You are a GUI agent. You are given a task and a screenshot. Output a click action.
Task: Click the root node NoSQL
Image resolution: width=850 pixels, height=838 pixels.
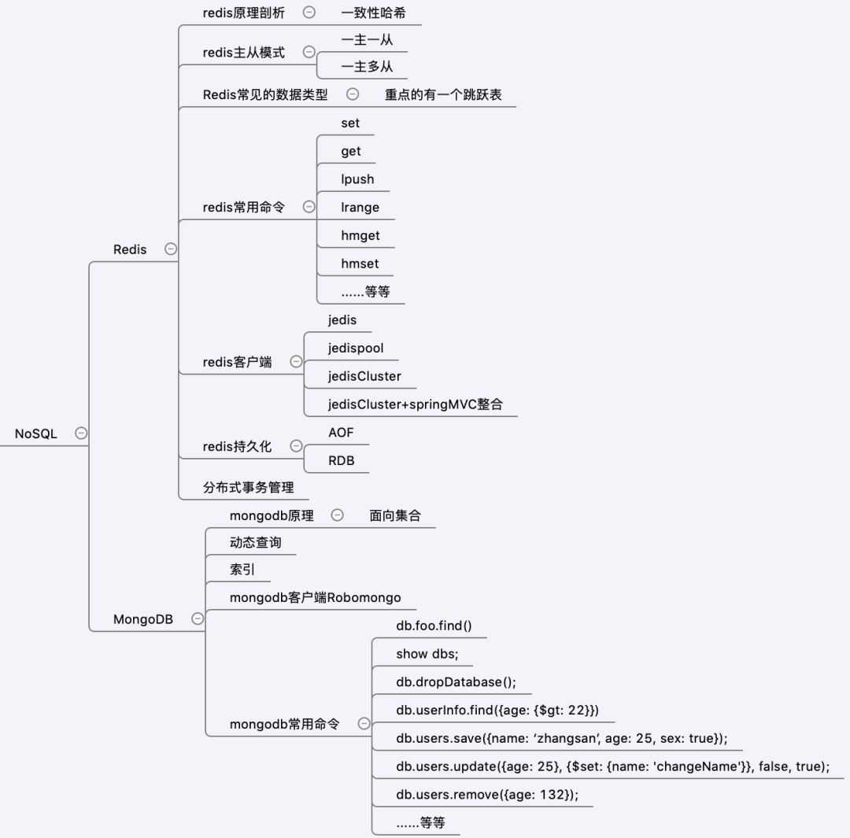36,434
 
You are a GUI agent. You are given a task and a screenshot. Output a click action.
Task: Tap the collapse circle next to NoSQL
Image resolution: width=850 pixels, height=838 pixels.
81,433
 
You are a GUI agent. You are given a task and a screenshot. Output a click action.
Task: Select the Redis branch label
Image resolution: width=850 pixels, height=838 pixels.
130,249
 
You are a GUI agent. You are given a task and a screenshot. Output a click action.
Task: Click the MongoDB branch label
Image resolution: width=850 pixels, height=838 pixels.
143,619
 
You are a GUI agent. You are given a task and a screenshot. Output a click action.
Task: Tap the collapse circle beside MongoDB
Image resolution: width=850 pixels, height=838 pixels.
198,618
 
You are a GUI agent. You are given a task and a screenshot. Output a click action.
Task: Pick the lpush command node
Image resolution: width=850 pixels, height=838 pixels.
357,179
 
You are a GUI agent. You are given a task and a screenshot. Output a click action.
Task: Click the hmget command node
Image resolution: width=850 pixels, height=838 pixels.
360,236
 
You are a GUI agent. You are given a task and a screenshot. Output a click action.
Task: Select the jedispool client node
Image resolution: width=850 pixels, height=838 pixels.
356,348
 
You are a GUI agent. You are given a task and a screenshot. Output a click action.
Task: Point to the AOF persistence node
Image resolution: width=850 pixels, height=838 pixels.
342,432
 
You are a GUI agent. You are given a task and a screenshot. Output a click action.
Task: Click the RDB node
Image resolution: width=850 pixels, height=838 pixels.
342,460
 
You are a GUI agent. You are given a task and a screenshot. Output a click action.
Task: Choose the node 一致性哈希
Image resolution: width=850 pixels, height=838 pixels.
373,13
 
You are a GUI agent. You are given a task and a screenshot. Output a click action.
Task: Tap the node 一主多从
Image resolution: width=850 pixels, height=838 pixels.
367,67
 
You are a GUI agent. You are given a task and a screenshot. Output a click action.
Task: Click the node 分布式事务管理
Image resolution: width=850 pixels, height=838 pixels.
248,488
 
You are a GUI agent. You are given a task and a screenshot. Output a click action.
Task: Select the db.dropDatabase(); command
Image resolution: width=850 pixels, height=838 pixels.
456,682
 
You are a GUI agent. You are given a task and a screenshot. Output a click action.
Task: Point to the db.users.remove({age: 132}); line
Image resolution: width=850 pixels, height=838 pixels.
487,795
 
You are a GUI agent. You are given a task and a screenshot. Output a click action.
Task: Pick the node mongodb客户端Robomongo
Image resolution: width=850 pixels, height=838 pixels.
315,597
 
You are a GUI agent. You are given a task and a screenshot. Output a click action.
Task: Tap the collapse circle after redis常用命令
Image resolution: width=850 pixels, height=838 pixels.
309,207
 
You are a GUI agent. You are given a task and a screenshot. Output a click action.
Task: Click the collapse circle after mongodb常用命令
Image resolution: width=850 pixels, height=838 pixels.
364,724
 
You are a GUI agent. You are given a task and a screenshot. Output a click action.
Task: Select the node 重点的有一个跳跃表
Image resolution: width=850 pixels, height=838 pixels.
443,94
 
